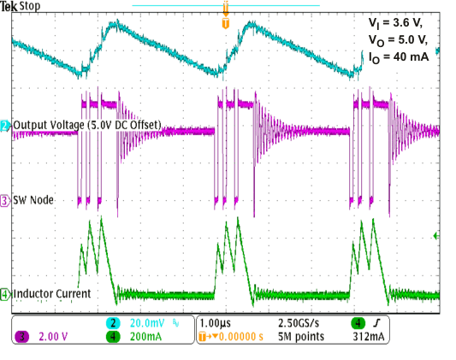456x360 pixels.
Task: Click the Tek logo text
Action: [x=9, y=6]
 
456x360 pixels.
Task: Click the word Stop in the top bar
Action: [x=28, y=6]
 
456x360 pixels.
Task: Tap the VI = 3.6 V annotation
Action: [x=394, y=24]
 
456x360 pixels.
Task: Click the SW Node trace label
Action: [x=31, y=201]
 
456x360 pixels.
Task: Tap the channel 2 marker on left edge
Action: [x=4, y=127]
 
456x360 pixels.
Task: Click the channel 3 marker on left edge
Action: [x=4, y=201]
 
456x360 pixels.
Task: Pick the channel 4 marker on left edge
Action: [x=4, y=295]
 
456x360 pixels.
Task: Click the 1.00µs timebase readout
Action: [x=216, y=324]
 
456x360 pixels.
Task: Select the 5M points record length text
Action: [x=297, y=337]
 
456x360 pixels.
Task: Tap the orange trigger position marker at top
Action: [x=225, y=23]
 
